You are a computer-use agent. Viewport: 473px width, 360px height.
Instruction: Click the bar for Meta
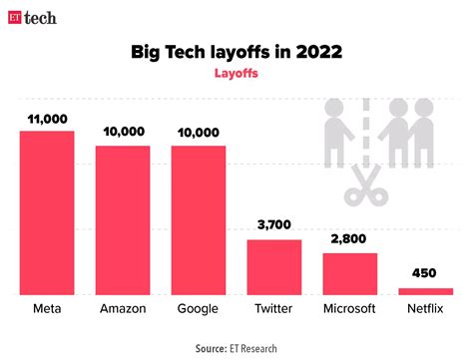tap(47, 212)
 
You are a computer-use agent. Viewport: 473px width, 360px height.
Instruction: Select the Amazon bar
tap(123, 219)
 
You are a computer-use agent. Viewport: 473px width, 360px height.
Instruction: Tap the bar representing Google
tap(199, 219)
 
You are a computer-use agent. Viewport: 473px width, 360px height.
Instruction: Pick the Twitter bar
tap(273, 266)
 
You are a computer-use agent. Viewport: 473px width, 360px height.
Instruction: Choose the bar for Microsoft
tap(349, 273)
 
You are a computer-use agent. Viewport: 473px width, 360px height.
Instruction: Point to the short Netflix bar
tap(425, 291)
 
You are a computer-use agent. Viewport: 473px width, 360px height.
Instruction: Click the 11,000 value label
tap(47, 119)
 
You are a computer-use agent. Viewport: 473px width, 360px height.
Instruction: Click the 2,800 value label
tap(349, 240)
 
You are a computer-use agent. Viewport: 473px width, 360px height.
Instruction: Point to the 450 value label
tap(425, 273)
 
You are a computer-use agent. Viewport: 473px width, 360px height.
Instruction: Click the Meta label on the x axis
tap(47, 309)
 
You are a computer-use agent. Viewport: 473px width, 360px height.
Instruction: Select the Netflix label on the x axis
tap(425, 309)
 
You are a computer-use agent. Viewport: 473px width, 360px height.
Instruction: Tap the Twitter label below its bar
tap(273, 309)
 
